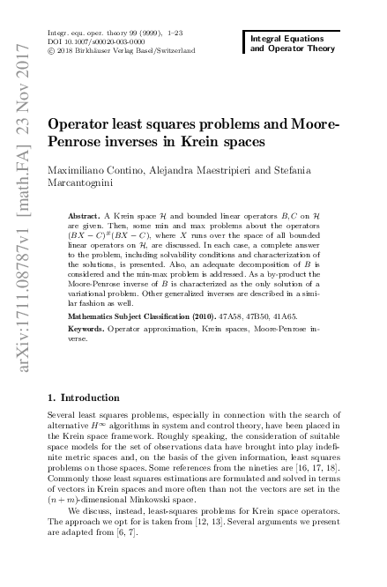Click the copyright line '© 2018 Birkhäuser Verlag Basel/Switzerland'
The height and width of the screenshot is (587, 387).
tap(120, 52)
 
